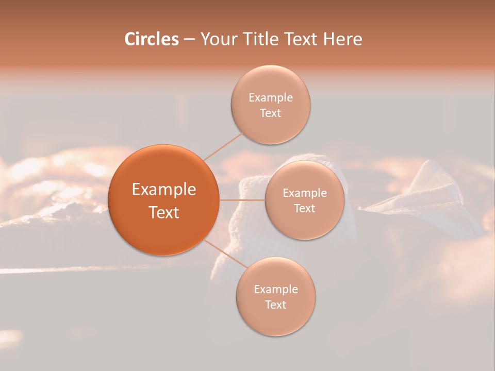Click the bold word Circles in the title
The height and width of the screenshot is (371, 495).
click(152, 39)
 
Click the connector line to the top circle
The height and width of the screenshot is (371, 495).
click(224, 146)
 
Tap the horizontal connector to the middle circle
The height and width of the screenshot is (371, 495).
click(242, 199)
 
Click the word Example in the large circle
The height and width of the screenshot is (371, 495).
click(164, 190)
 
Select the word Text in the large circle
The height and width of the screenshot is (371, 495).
click(164, 212)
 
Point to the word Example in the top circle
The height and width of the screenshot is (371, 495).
click(271, 97)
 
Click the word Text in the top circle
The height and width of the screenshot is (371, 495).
click(270, 113)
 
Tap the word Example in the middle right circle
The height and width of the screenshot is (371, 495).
click(305, 193)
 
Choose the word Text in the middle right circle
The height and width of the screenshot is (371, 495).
click(304, 208)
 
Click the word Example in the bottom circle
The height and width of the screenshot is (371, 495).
click(276, 289)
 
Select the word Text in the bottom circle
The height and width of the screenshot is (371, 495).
click(275, 305)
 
